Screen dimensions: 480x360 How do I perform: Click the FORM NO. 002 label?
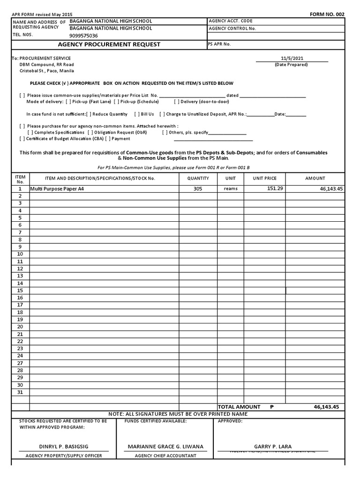[327, 15]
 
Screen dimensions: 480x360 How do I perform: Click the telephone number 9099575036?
[84, 36]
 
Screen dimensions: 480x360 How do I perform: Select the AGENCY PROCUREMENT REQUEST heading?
[109, 45]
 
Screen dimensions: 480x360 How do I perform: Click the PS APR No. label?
[219, 44]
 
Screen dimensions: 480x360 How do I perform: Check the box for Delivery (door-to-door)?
[177, 102]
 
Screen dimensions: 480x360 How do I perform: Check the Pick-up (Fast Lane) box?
[68, 102]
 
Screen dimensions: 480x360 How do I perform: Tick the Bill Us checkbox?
[136, 114]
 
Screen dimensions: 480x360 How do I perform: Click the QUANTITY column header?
[198, 179]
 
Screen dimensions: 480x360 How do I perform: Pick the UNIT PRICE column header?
[265, 179]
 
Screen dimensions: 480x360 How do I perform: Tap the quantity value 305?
[198, 189]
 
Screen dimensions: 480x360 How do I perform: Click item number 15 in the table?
[20, 291]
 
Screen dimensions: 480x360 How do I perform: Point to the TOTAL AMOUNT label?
[239, 407]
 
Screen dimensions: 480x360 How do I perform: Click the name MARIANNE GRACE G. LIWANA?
[165, 447]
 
